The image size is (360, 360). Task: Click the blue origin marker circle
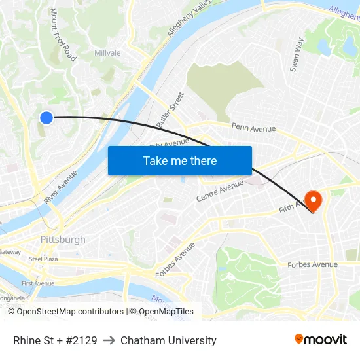[46, 117]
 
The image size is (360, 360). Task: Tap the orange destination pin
[313, 200]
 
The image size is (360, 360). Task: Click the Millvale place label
[107, 53]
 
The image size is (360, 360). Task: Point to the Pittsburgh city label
[63, 240]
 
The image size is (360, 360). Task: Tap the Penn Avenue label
[253, 128]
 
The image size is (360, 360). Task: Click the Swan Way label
[297, 54]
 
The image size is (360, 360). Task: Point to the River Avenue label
[61, 187]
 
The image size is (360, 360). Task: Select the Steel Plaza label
[43, 259]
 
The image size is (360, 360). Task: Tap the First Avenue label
[37, 283]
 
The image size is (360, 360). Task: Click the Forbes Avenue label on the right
[313, 265]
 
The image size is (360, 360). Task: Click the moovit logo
[320, 340]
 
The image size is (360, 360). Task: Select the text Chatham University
[168, 340]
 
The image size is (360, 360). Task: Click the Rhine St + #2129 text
[55, 340]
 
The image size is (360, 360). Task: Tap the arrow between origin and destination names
[109, 340]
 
